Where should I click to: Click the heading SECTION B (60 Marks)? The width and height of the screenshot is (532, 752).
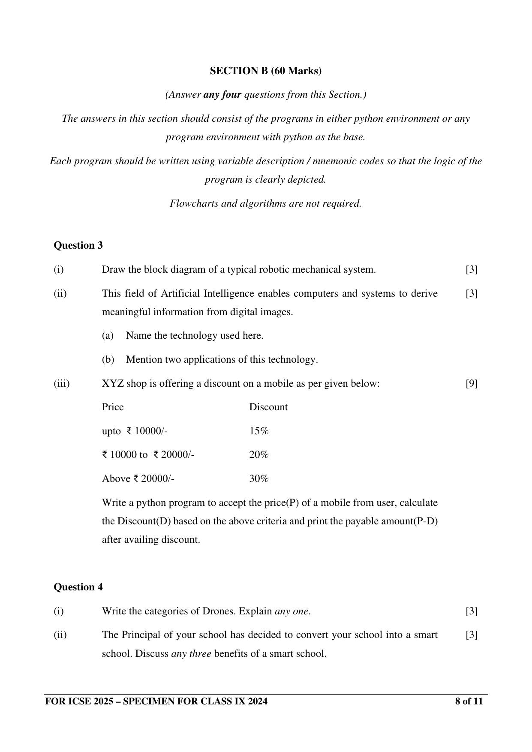click(x=265, y=71)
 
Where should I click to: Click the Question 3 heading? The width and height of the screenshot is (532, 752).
click(x=78, y=246)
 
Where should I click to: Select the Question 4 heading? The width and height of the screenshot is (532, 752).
click(x=78, y=587)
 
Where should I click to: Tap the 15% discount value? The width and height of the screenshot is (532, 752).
click(x=259, y=431)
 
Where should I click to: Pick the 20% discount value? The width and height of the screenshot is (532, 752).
click(x=259, y=455)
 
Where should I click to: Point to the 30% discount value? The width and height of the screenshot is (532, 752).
click(x=259, y=479)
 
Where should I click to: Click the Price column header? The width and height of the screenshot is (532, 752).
click(x=113, y=407)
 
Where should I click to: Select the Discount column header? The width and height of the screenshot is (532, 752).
click(x=268, y=407)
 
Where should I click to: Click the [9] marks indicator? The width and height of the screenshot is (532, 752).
click(x=472, y=384)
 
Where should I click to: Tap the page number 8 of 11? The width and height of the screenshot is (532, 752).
click(x=469, y=701)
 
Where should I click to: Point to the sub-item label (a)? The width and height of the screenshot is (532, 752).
click(x=108, y=336)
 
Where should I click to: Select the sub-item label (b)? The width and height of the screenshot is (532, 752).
click(x=108, y=360)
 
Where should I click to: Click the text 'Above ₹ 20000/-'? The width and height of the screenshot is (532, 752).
click(x=138, y=479)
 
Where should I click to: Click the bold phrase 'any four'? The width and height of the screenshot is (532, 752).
click(x=222, y=95)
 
